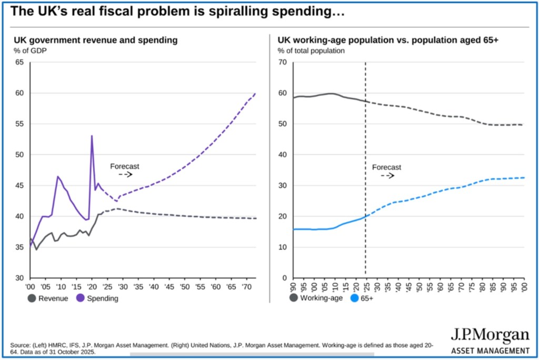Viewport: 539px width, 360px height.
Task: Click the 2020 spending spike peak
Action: click(x=92, y=136)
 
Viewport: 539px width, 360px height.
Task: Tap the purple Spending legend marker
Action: click(x=81, y=298)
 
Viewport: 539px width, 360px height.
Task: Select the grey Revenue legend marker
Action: click(x=32, y=298)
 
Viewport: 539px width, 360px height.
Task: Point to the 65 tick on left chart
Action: click(x=19, y=63)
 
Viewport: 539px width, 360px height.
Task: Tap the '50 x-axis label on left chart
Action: click(x=184, y=287)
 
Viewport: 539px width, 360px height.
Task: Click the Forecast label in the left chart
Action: click(x=124, y=166)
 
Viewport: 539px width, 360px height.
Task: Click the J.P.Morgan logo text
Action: click(x=490, y=335)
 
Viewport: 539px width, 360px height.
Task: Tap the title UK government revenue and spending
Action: click(x=95, y=40)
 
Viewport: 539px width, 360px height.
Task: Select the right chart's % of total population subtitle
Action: click(x=311, y=51)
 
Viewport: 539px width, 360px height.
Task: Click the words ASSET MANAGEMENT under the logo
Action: click(x=490, y=351)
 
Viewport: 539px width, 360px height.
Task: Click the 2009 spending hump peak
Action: click(x=57, y=176)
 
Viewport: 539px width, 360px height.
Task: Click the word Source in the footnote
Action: click(x=20, y=345)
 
